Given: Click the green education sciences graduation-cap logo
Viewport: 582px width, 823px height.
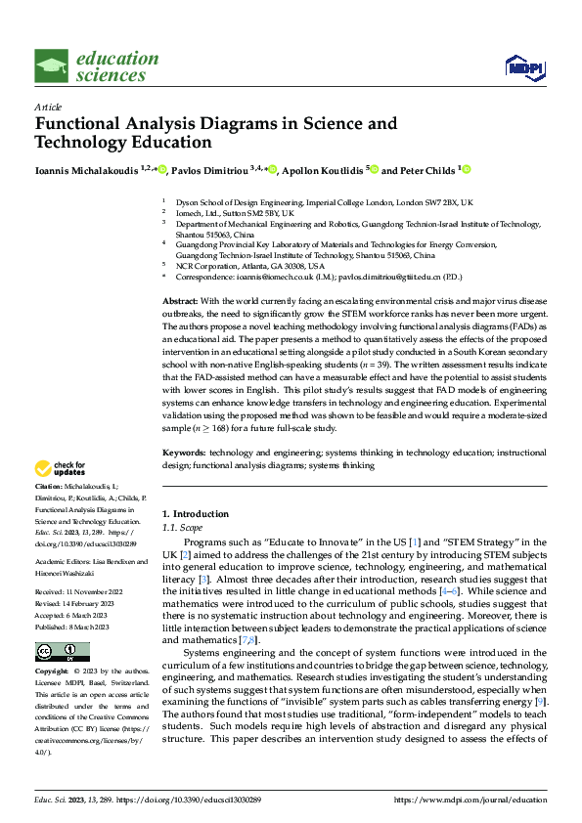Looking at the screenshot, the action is pyautogui.click(x=52, y=66).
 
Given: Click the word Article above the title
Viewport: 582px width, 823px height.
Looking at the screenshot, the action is pyautogui.click(x=48, y=107).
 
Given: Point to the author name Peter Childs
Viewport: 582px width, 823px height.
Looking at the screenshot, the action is pyautogui.click(x=426, y=170).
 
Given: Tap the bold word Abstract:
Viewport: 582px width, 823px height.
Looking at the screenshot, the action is pyautogui.click(x=179, y=301).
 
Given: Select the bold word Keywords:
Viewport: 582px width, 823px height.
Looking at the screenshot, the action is pyautogui.click(x=183, y=453).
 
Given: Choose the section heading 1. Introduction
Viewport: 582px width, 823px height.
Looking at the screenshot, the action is pyautogui.click(x=195, y=514).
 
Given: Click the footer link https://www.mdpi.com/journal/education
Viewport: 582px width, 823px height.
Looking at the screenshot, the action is pyautogui.click(x=470, y=800).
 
